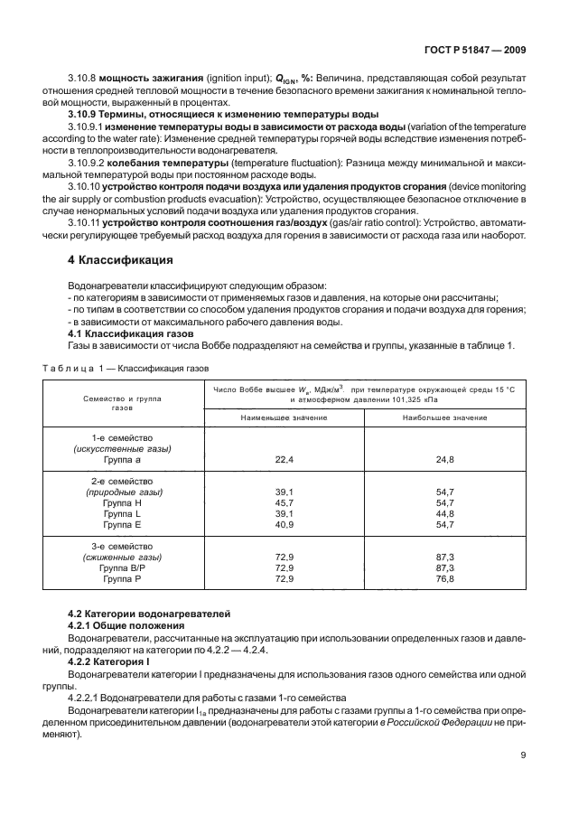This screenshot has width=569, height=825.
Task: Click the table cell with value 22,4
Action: tap(284, 460)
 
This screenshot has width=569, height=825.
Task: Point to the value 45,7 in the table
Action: tap(284, 502)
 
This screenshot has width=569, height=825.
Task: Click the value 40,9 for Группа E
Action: tap(284, 524)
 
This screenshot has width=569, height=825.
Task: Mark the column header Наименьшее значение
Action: tap(284, 417)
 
